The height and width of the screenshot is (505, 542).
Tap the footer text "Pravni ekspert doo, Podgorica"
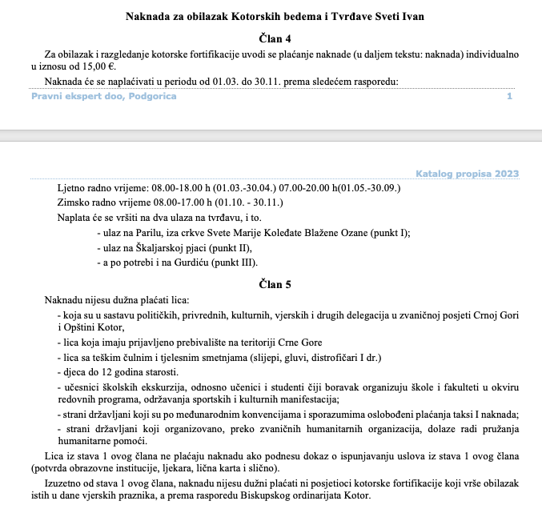click(104, 96)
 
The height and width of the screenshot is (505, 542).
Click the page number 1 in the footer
click(509, 96)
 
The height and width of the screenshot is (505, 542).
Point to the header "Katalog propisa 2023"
click(467, 174)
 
